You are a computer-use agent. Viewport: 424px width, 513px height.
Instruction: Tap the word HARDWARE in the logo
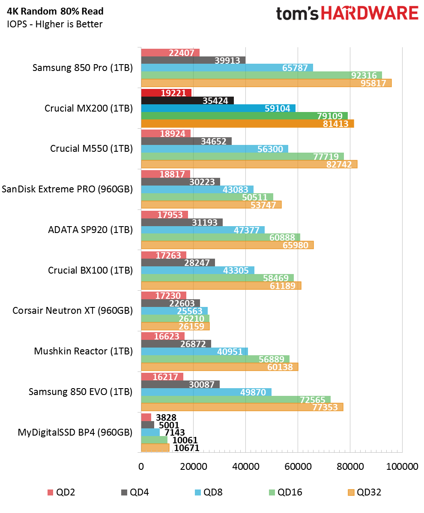click(x=370, y=13)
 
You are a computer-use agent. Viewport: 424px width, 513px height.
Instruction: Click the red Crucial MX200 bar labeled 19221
click(x=166, y=93)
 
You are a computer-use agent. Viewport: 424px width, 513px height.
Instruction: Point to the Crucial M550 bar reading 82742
click(x=249, y=164)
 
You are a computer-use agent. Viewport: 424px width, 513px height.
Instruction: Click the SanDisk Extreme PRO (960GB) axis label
click(x=67, y=189)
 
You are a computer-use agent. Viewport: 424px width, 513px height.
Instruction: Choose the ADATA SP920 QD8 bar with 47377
click(x=203, y=230)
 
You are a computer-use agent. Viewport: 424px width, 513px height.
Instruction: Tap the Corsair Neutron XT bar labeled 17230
click(x=163, y=295)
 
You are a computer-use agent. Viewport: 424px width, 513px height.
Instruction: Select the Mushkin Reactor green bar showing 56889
click(x=215, y=359)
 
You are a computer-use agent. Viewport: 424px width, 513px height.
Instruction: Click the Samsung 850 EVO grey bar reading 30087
click(x=180, y=384)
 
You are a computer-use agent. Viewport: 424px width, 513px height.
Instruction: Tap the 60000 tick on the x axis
click(x=297, y=467)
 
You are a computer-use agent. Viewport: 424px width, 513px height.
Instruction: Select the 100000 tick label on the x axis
click(x=402, y=467)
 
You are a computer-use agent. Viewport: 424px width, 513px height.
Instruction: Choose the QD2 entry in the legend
click(x=60, y=492)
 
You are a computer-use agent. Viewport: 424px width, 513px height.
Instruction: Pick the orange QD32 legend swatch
click(x=350, y=492)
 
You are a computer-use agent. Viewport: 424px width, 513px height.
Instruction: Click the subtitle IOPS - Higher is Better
click(x=54, y=24)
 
